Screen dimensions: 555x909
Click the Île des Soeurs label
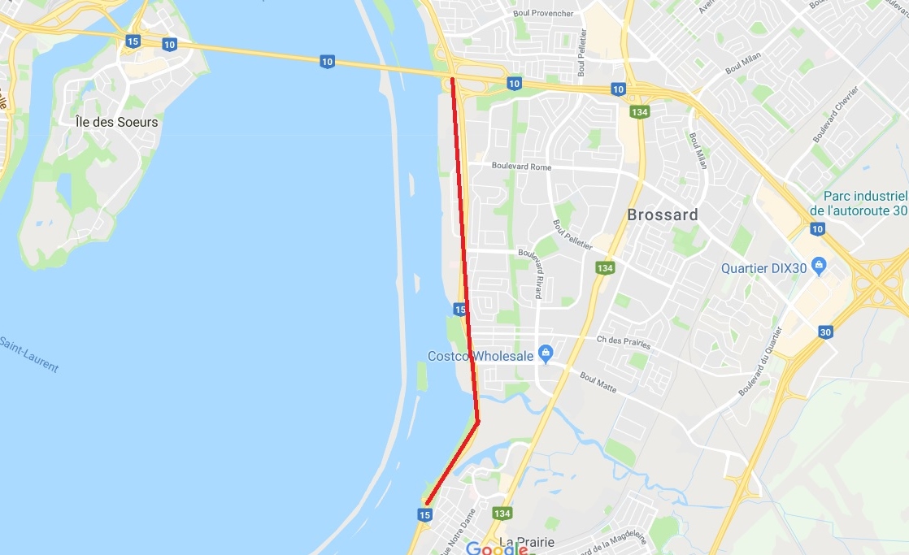tap(116, 122)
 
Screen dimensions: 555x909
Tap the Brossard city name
tap(662, 215)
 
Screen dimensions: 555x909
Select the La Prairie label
tap(526, 542)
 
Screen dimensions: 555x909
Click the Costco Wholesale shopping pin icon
tap(546, 354)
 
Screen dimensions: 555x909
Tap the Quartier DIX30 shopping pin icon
tap(818, 266)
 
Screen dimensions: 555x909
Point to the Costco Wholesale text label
tap(481, 356)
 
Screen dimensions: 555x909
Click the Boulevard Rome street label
tap(520, 167)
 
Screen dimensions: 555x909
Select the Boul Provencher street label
tap(543, 14)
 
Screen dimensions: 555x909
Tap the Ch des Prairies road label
tap(624, 341)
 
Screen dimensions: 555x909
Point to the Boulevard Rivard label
tap(537, 273)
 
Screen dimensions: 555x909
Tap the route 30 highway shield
tap(825, 332)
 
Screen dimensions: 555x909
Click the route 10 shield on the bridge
tap(326, 62)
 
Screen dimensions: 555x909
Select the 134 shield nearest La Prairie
tap(502, 514)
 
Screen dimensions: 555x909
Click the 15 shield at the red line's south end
tap(424, 514)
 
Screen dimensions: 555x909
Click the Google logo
tap(497, 549)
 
